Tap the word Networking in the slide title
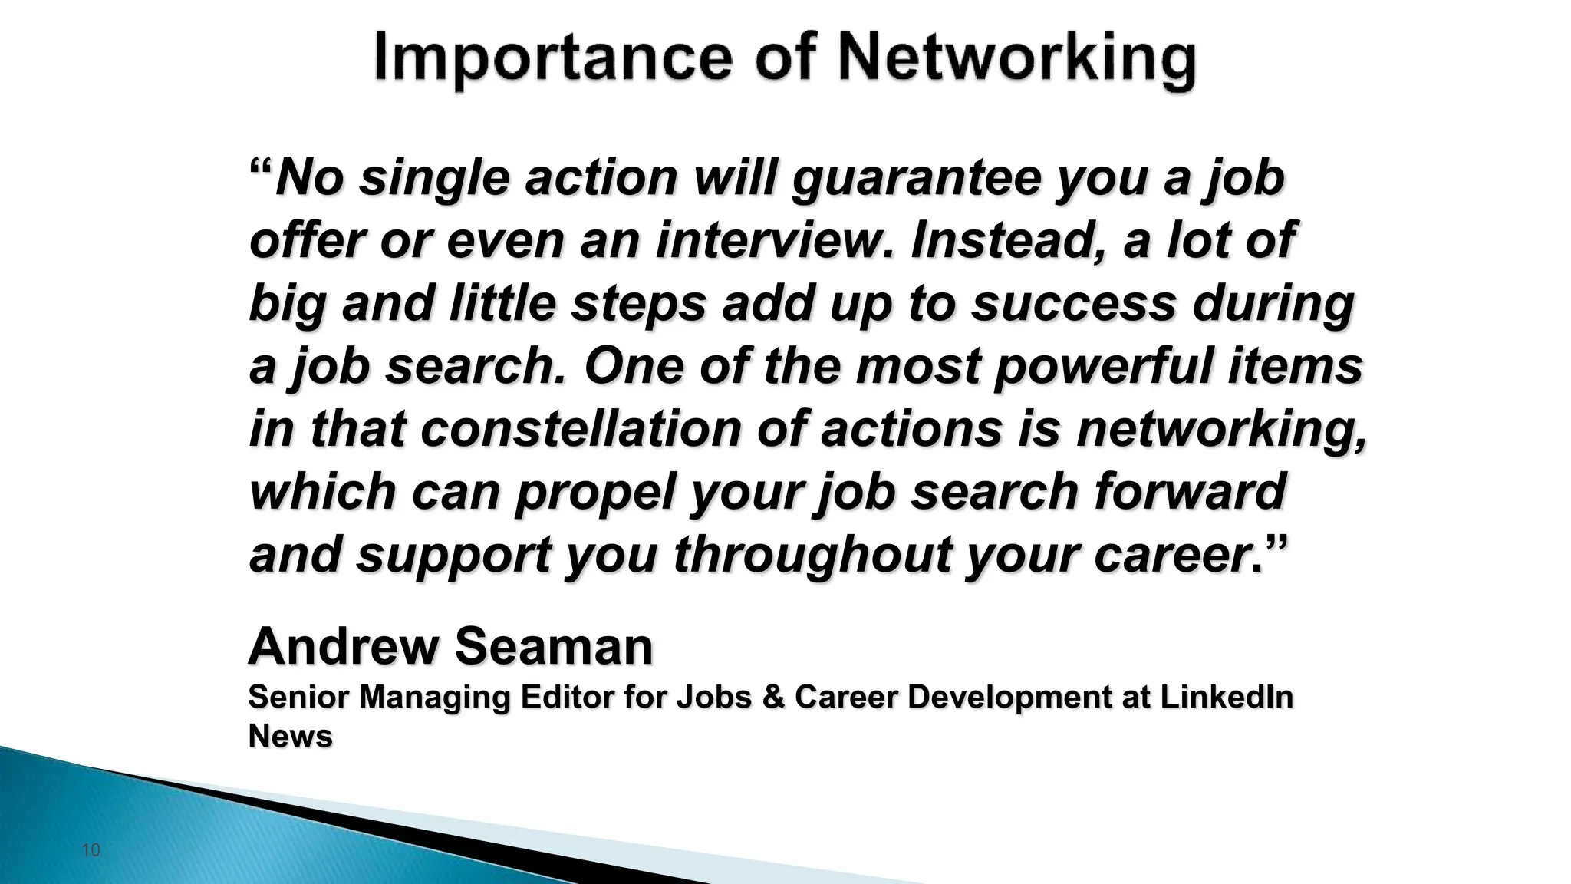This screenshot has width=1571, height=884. click(1017, 60)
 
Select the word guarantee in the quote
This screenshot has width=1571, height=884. click(917, 179)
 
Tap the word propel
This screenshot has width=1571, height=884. click(594, 492)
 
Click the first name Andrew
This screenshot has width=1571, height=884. click(343, 646)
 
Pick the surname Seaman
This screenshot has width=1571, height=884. click(554, 646)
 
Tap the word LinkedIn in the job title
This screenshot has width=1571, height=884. click(1226, 697)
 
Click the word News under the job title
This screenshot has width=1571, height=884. click(290, 736)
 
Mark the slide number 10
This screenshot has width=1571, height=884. click(91, 850)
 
